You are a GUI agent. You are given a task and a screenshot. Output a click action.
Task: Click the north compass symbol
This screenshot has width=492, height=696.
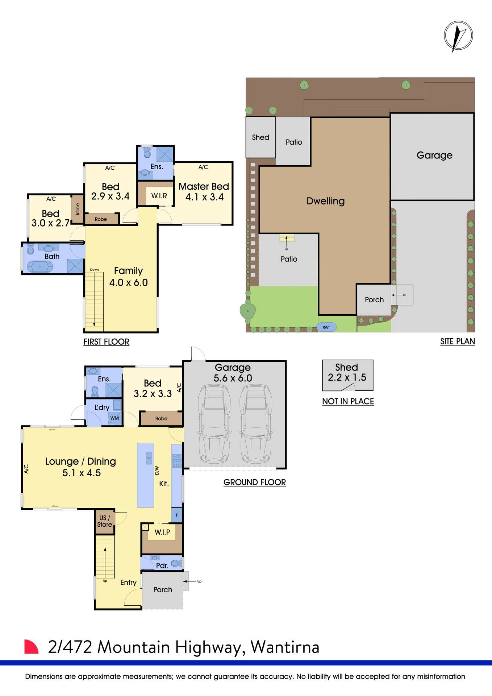click(x=458, y=36)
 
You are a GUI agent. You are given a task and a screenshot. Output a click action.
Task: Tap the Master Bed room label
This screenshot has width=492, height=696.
click(x=204, y=187)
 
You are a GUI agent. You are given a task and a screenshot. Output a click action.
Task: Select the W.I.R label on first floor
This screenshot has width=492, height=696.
click(x=159, y=196)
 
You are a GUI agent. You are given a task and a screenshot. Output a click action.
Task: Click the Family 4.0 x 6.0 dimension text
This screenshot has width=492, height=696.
click(x=129, y=282)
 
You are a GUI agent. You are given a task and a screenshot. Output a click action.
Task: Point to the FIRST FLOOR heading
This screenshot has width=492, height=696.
click(x=106, y=342)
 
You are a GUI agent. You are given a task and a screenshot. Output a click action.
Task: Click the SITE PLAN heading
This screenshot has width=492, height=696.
click(x=457, y=341)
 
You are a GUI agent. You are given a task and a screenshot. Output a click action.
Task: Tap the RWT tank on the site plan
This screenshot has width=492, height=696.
click(x=326, y=327)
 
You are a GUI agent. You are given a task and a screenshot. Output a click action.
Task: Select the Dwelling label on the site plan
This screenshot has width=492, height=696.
click(x=325, y=201)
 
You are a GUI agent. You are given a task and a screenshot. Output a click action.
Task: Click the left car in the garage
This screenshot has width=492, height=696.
click(x=214, y=424)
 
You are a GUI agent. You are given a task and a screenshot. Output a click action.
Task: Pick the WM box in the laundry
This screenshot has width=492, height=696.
click(x=114, y=418)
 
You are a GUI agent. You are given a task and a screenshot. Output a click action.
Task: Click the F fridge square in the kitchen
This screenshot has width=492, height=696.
click(x=177, y=515)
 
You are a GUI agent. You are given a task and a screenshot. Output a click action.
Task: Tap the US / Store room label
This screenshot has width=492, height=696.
click(x=105, y=521)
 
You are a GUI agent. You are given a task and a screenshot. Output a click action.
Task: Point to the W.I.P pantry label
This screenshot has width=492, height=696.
click(x=162, y=532)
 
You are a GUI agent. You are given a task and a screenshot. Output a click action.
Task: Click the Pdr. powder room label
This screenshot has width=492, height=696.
click(x=162, y=565)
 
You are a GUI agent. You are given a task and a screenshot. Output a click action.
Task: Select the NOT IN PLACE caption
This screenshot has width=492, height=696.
click(x=348, y=402)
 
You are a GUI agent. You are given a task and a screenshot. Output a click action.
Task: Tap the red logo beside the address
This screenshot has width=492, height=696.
click(x=31, y=647)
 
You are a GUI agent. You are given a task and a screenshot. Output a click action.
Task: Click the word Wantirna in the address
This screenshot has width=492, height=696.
click(x=285, y=647)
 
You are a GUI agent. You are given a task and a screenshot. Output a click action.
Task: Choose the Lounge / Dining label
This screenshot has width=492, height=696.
click(x=80, y=461)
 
